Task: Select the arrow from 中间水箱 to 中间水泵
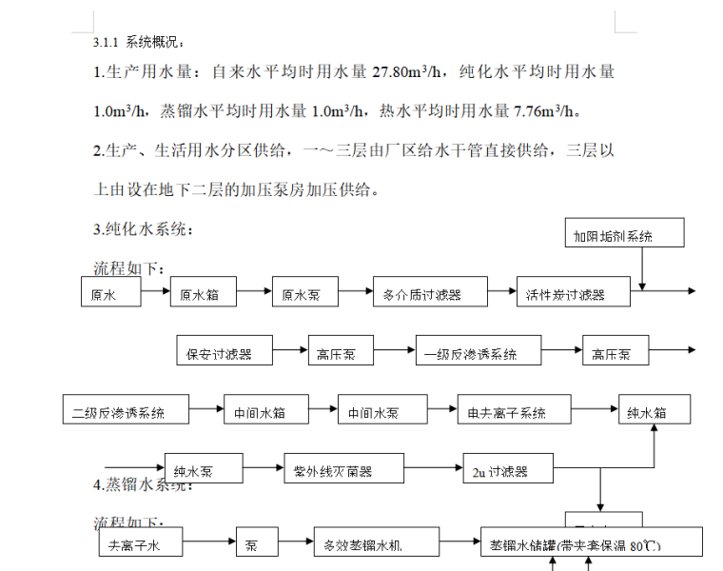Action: tap(322, 410)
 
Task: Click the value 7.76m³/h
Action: tap(545, 110)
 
